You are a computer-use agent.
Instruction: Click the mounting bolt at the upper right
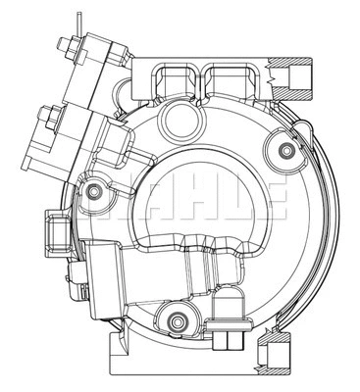(284, 149)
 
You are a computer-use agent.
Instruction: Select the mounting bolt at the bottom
(177, 318)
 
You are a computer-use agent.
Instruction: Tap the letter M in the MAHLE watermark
(106, 199)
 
